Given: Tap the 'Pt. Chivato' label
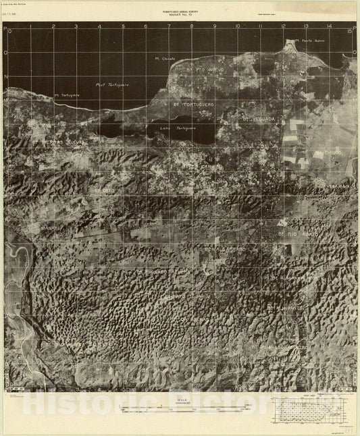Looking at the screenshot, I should pos(165,59).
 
